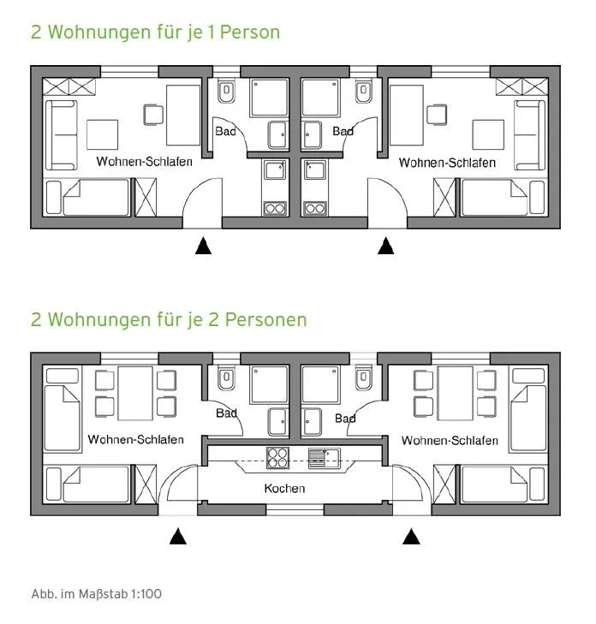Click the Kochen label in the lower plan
(x=284, y=488)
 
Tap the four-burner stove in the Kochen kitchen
(x=277, y=457)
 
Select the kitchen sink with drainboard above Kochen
(x=325, y=458)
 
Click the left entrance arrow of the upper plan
(x=203, y=246)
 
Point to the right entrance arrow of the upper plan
(x=385, y=246)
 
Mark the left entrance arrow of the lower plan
(x=178, y=536)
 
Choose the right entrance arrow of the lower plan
(x=411, y=536)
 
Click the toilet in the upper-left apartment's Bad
(x=227, y=91)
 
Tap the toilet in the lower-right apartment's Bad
(x=363, y=377)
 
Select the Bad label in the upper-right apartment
(x=343, y=131)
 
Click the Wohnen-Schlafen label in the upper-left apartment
(x=144, y=162)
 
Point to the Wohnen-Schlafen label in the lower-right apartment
(x=450, y=441)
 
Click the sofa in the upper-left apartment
(x=61, y=135)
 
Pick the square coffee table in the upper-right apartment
(x=488, y=134)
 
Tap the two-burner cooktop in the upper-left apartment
(x=275, y=209)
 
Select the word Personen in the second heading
(x=266, y=319)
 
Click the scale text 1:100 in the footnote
(x=146, y=594)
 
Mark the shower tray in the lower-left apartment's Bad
(x=270, y=384)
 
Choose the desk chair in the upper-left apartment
(x=153, y=115)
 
